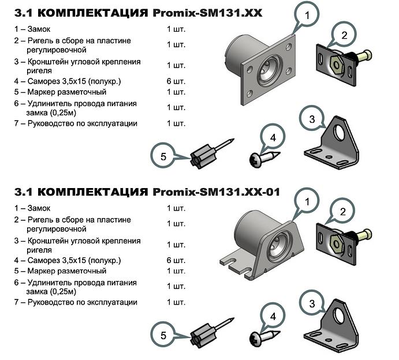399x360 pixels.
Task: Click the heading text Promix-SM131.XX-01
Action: tap(217, 192)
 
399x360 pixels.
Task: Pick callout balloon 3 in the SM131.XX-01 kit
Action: tap(312, 303)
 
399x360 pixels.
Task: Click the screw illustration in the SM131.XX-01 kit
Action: tap(262, 336)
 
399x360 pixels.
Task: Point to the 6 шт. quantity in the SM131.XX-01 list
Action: tap(176, 260)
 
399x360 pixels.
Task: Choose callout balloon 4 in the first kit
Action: tap(274, 138)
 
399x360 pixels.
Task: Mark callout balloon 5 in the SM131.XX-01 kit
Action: tap(163, 335)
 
